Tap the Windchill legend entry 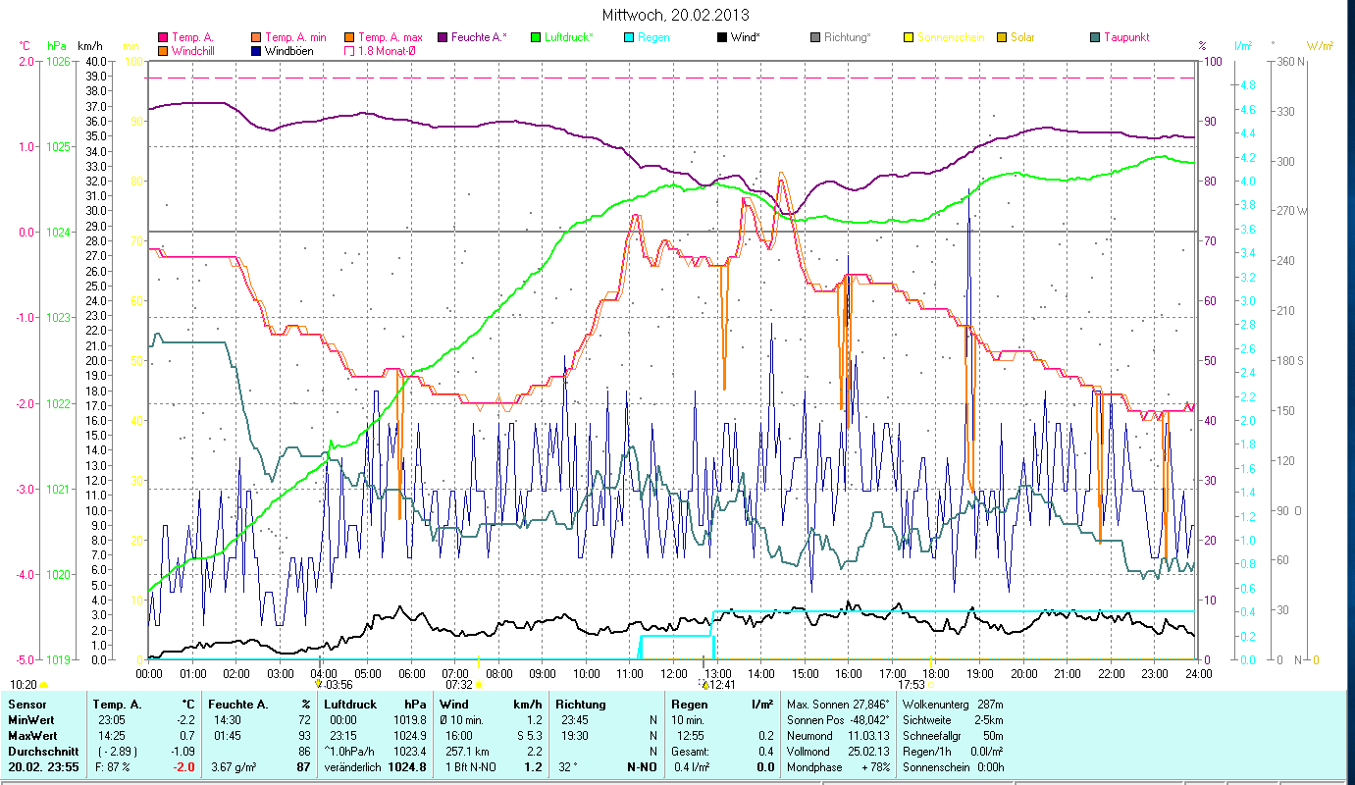[x=197, y=50]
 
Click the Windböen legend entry [x=289, y=50]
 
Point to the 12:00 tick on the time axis [x=674, y=674]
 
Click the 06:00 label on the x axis [x=411, y=674]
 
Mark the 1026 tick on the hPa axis [x=57, y=61]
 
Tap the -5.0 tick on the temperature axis [x=25, y=660]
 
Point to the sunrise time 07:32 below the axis [x=459, y=685]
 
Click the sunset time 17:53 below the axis [x=912, y=685]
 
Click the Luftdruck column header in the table [x=351, y=705]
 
